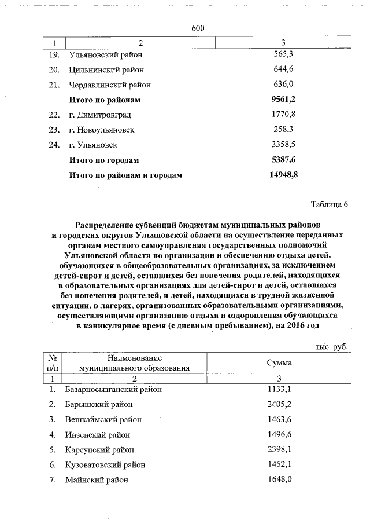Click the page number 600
click(x=198, y=28)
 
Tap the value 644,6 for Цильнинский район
click(x=283, y=70)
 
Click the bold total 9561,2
click(x=283, y=100)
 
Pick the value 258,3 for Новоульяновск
click(x=283, y=130)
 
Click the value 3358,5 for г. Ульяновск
click(x=283, y=145)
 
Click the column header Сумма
click(x=279, y=363)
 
